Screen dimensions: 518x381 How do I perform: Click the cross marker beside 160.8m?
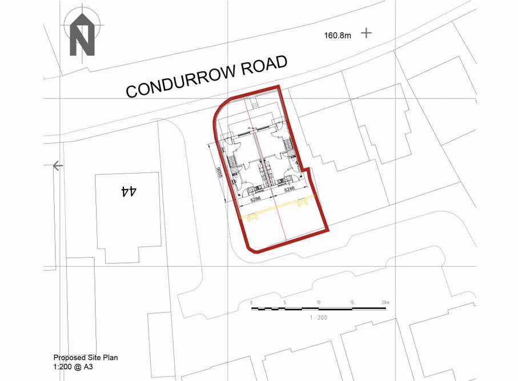[x=366, y=33]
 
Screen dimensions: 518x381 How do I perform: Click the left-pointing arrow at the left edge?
[x=57, y=166]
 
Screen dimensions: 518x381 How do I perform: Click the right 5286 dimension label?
[x=290, y=189]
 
